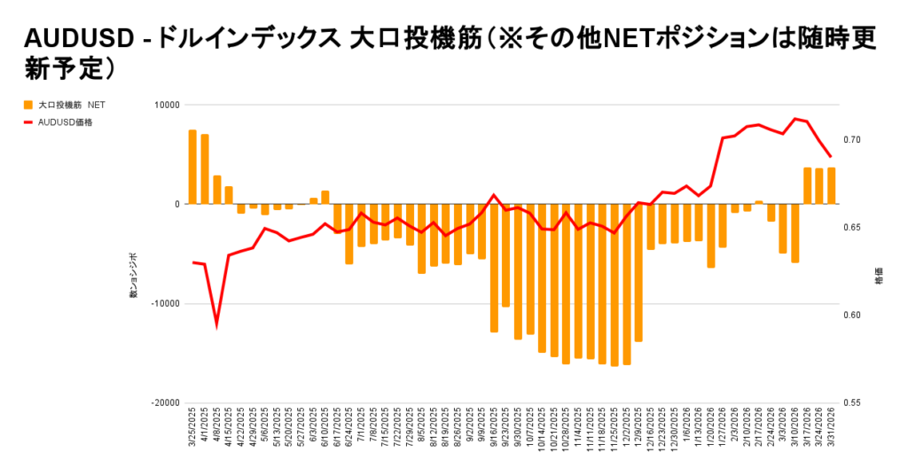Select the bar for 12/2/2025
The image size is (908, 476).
pyautogui.click(x=627, y=284)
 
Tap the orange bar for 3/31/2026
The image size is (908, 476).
pyautogui.click(x=831, y=186)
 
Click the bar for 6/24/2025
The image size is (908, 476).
pyautogui.click(x=349, y=234)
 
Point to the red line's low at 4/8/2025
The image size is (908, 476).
pyautogui.click(x=216, y=325)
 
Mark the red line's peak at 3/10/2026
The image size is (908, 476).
pyautogui.click(x=795, y=118)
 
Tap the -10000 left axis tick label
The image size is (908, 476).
pyautogui.click(x=164, y=303)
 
